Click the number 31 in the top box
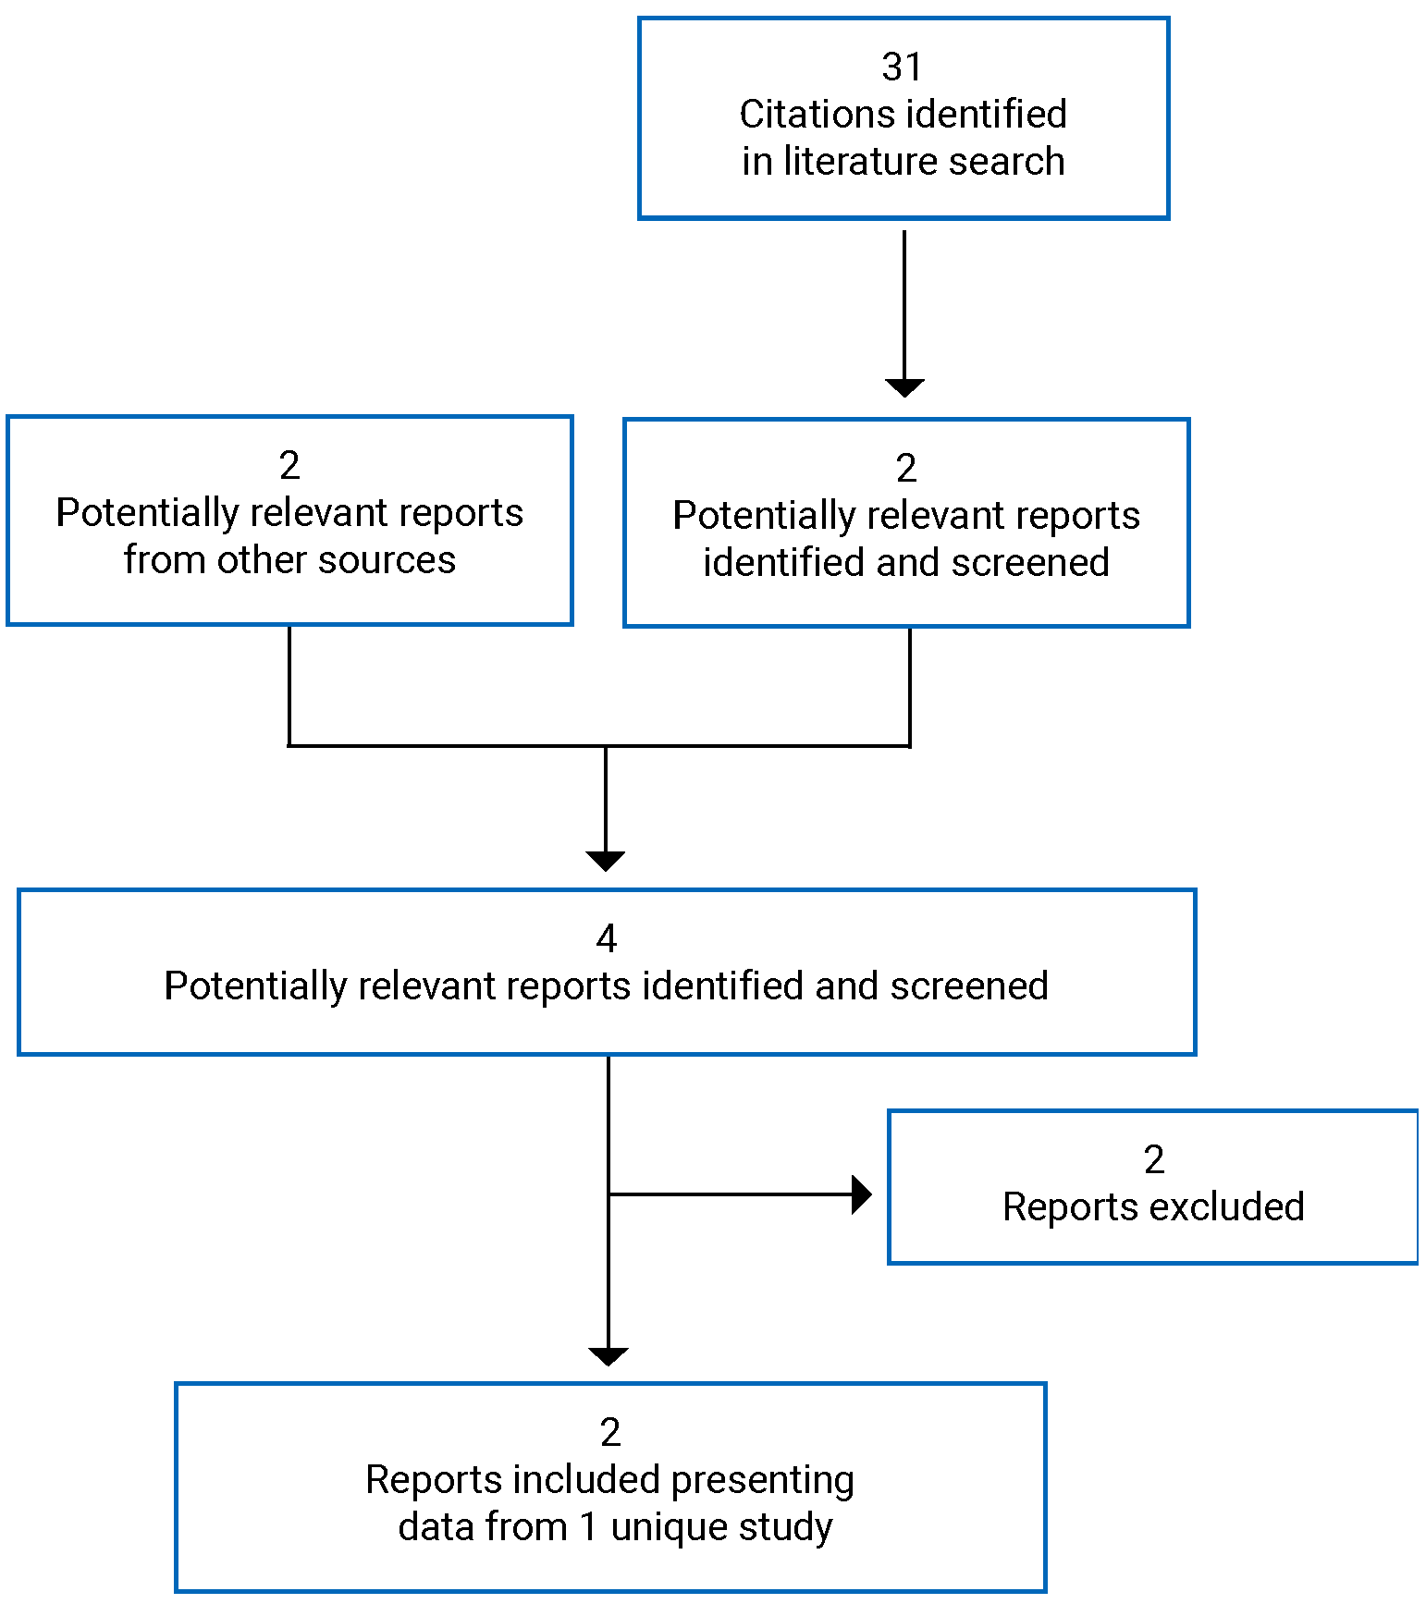tap(902, 67)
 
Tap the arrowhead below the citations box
tap(904, 387)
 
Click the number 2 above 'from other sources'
tap(289, 465)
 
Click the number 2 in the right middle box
tap(906, 469)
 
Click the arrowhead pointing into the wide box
tap(606, 861)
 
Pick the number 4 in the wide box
tap(606, 939)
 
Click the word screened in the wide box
tap(969, 986)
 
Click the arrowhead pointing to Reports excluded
tap(861, 1194)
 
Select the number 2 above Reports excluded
tap(1153, 1160)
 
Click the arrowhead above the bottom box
tap(609, 1356)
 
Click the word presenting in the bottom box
tap(762, 1480)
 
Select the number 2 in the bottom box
tap(609, 1433)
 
